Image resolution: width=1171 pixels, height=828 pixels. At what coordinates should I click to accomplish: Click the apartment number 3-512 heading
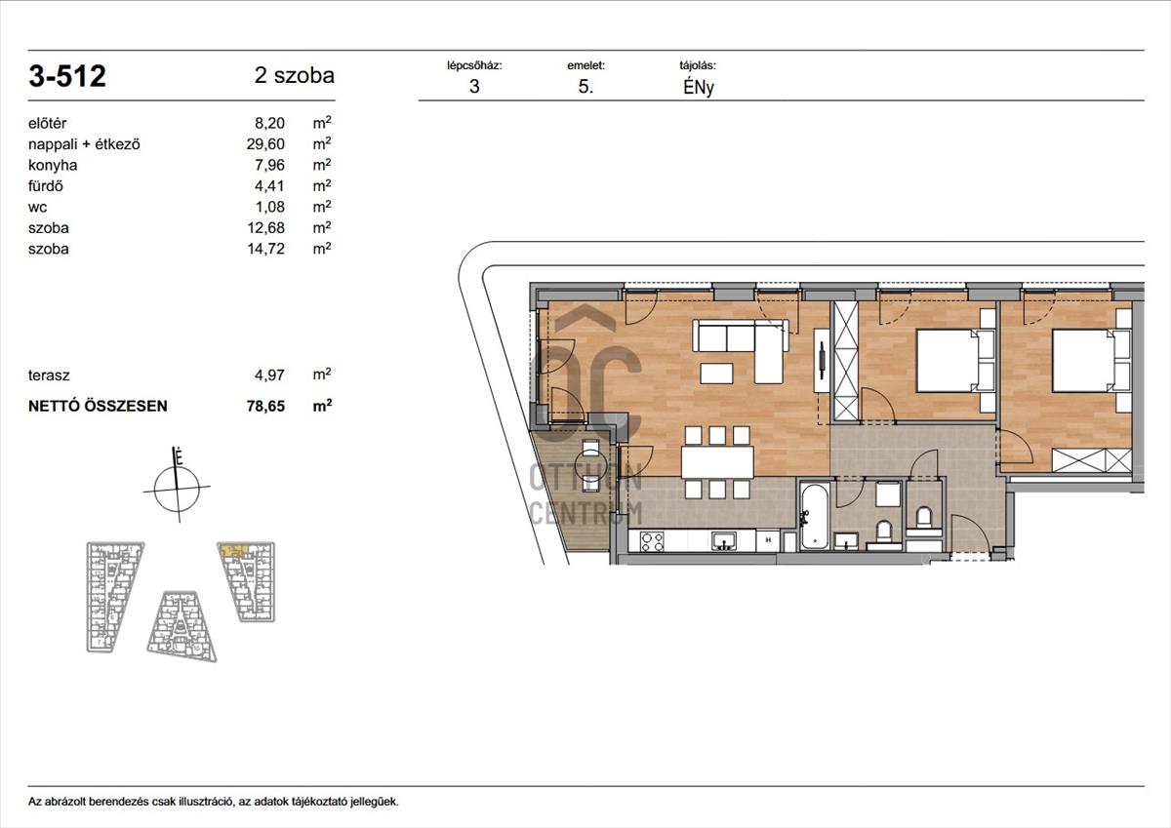tap(67, 76)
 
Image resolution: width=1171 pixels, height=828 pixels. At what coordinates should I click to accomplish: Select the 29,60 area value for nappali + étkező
tap(265, 144)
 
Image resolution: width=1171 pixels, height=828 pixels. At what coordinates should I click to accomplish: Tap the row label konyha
tap(53, 165)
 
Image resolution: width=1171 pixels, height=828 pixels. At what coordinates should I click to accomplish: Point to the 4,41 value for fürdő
tap(269, 186)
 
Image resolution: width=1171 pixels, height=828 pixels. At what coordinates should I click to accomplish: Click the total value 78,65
tap(265, 406)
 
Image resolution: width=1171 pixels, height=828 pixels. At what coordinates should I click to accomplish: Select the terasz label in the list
tap(49, 375)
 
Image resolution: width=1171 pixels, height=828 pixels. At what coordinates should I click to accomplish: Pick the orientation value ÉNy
tap(699, 87)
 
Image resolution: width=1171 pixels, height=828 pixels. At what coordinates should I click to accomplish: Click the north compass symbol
tap(178, 486)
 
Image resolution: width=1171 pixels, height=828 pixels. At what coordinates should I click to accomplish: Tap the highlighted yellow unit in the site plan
tap(233, 550)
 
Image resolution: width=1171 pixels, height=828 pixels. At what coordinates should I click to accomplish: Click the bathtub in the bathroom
tap(815, 516)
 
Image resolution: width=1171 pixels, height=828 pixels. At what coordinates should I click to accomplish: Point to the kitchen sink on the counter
tap(724, 541)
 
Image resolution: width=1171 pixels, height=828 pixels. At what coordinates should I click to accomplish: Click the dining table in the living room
tap(717, 462)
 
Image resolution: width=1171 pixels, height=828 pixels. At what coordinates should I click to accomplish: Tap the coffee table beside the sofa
tap(716, 373)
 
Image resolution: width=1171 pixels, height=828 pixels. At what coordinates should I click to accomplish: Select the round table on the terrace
tap(590, 464)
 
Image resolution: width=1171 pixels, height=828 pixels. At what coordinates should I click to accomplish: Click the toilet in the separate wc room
tap(924, 518)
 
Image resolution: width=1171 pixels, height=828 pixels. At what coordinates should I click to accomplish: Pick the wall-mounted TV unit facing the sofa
tap(822, 360)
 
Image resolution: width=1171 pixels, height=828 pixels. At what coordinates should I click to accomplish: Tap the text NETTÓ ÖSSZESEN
tap(98, 406)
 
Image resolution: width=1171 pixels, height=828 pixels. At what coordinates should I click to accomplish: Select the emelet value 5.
tap(586, 87)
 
